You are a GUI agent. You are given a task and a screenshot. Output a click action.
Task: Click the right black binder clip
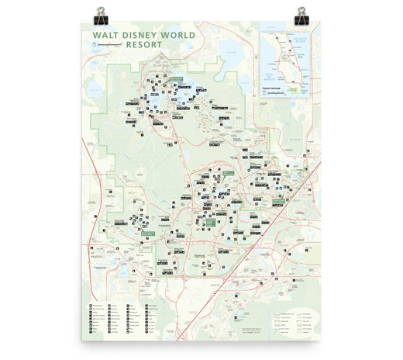pos(300,14)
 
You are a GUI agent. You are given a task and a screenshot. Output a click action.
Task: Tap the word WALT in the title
pos(105,35)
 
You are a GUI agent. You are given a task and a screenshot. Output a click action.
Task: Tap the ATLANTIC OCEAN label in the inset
pos(298,36)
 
